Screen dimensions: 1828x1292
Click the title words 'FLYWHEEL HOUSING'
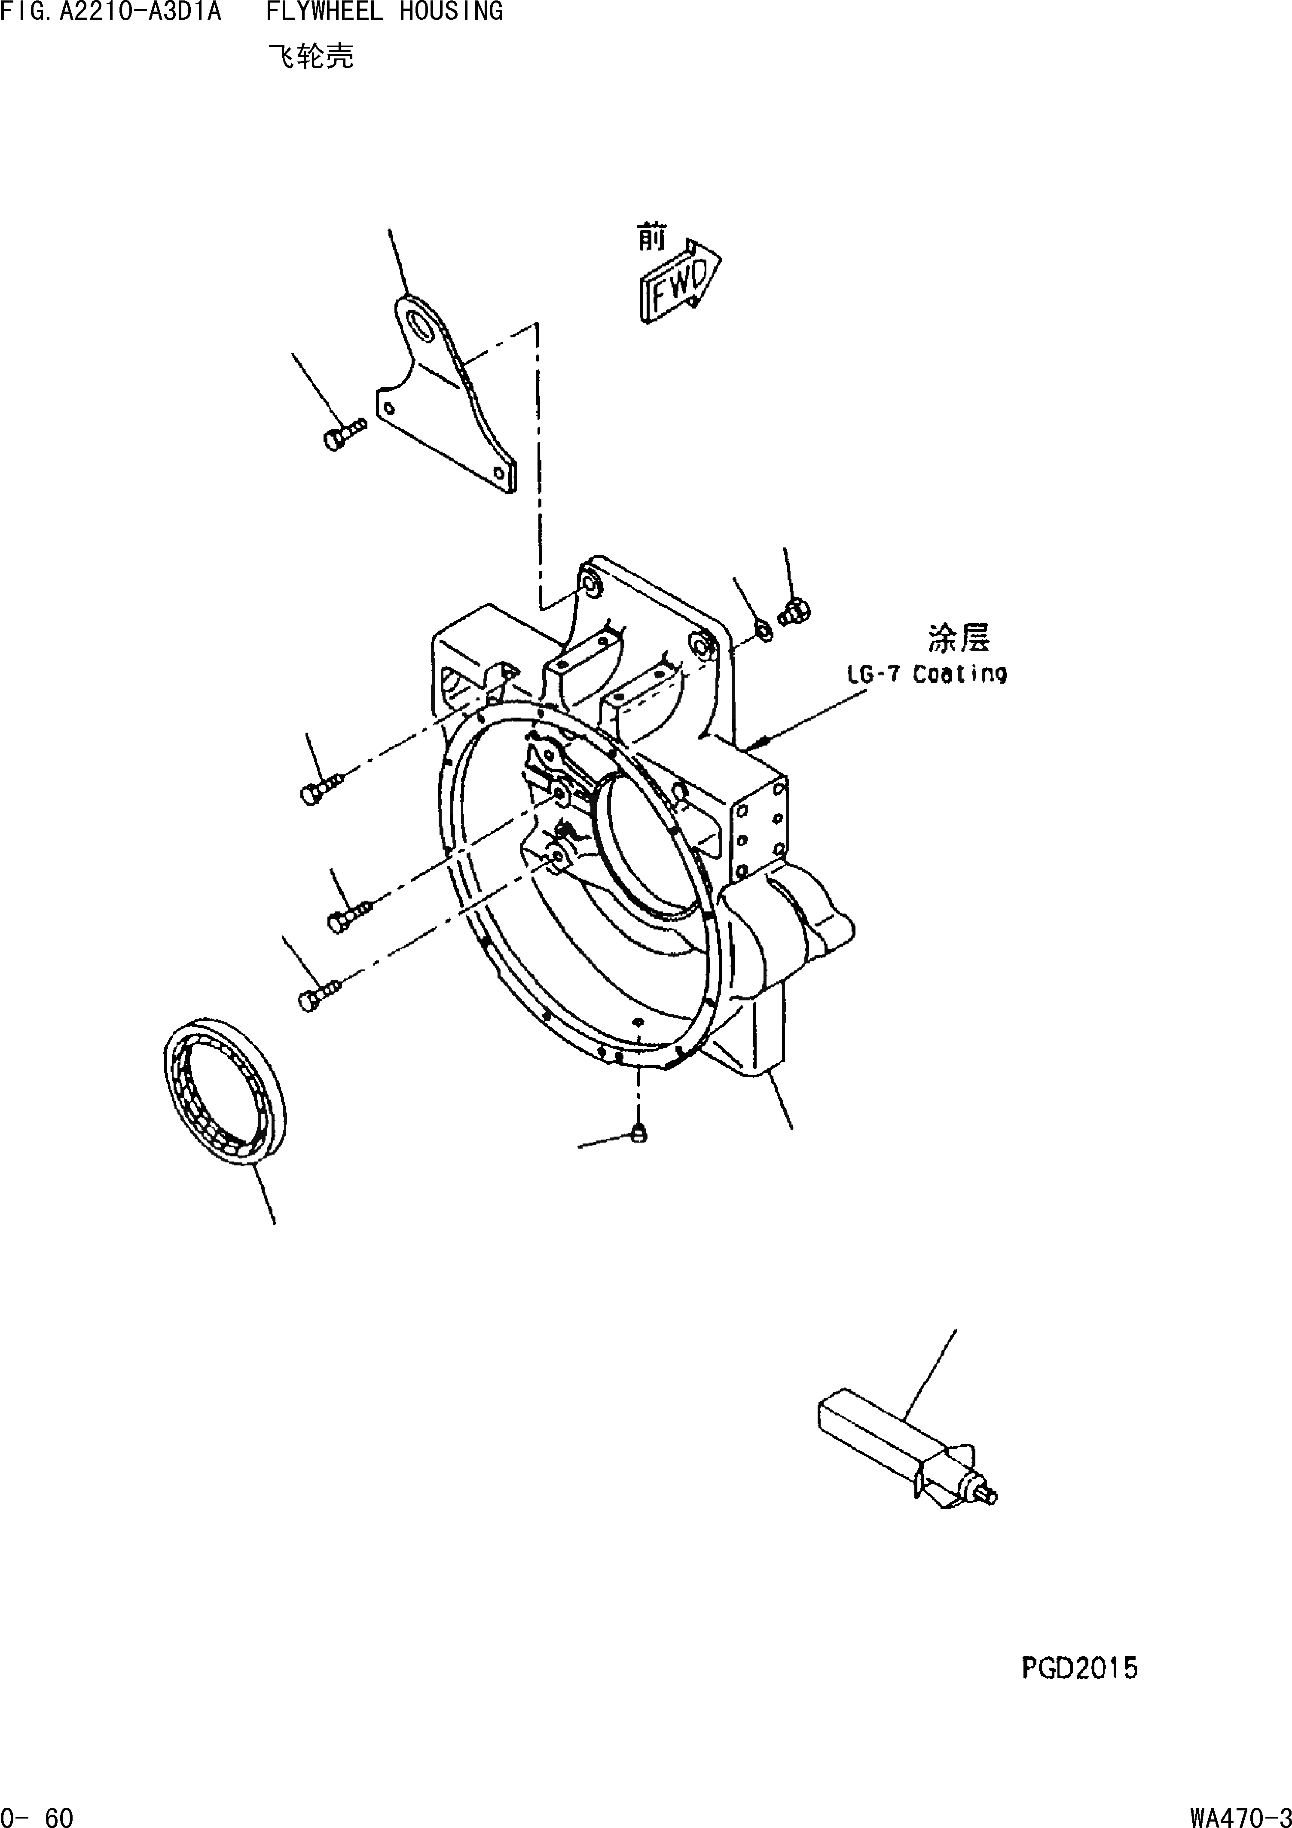point(384,11)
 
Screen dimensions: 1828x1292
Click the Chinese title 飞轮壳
point(311,57)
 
